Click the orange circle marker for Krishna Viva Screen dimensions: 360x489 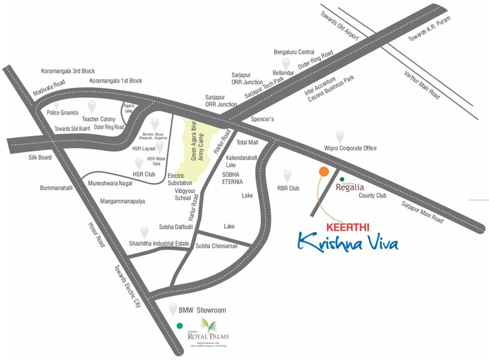323,172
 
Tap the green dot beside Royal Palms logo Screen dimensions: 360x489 179,325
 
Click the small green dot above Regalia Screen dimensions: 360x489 342,179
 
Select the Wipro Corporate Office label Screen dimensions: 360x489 350,149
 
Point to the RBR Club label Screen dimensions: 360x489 288,188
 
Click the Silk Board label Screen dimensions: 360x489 39,157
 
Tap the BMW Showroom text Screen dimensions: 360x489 202,310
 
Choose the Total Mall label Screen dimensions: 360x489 248,142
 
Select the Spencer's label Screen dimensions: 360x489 262,120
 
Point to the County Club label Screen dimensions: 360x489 373,195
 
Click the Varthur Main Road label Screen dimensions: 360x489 422,84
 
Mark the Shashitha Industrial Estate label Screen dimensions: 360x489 158,244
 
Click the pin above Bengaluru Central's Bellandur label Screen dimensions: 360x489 286,63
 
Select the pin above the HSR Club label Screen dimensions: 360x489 139,163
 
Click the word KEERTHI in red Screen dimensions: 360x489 347,227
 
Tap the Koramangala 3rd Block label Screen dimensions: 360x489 68,71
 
